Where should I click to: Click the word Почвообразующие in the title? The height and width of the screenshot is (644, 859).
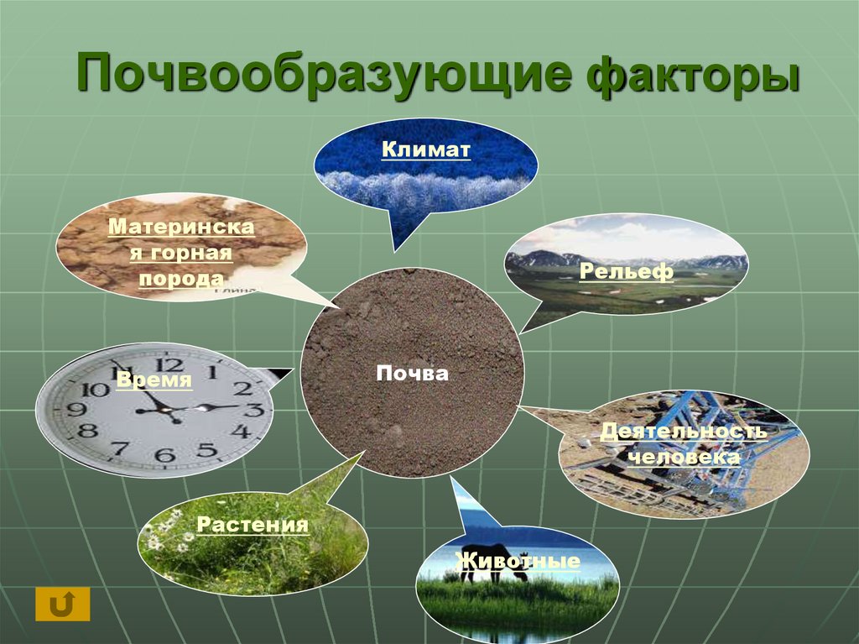pos(324,74)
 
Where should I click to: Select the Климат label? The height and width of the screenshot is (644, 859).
pos(425,149)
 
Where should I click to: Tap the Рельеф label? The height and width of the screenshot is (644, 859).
pos(626,270)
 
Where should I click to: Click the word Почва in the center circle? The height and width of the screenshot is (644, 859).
pos(412,374)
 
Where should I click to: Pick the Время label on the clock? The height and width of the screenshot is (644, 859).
pos(154,379)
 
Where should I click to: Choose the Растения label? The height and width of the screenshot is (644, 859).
pos(252,524)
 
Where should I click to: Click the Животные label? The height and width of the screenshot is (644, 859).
pos(517,561)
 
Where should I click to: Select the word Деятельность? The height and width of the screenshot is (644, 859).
pos(683,432)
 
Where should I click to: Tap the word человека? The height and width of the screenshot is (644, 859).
pos(684,457)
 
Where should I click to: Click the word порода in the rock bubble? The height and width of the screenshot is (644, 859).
pos(181,279)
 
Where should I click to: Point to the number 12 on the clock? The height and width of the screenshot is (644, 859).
pos(169,364)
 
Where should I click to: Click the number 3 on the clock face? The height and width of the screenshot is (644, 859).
pos(253,409)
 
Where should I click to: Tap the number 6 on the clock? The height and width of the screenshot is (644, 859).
pos(164,454)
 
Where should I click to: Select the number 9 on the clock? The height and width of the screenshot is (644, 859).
pos(76,409)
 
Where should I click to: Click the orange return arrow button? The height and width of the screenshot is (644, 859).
pos(62,604)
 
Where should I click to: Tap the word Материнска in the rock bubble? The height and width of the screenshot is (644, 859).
pos(181,227)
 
